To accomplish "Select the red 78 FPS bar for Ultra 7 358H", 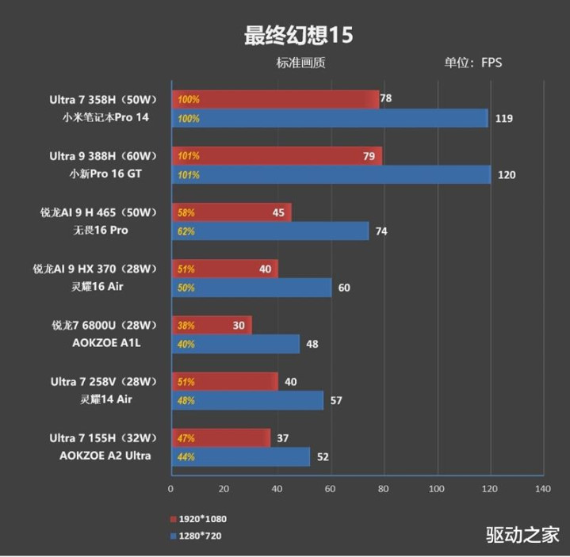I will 275,100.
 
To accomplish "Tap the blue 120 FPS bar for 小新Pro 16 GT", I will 331,174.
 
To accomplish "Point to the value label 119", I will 503,119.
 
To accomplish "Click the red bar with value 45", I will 231,212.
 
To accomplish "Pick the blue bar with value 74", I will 270,231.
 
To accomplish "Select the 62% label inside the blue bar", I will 187,231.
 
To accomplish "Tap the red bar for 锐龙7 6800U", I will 211,325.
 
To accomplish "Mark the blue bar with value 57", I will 247,400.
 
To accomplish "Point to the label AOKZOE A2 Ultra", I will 105,456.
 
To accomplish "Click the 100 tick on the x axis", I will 437,489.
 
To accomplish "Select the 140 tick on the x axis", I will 543,489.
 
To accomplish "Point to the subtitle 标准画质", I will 300,63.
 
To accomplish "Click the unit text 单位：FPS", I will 472,63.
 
